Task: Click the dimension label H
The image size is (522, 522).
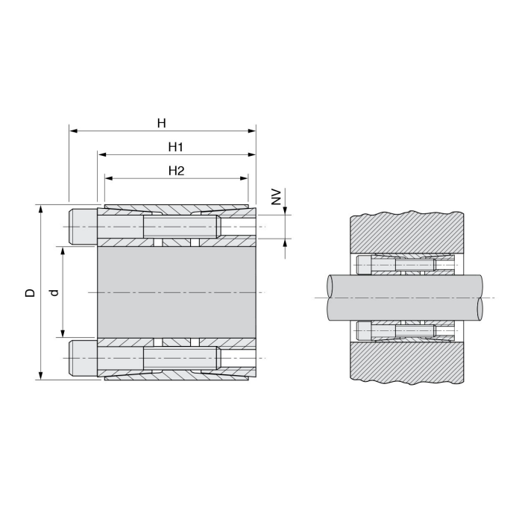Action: point(162,124)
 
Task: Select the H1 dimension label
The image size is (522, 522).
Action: point(176,147)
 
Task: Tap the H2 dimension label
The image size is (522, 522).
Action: point(176,171)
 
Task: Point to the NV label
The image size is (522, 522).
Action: point(277,197)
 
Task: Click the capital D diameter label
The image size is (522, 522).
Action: point(31,292)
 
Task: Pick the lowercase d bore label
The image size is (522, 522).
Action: point(54,292)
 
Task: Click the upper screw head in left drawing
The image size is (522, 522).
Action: point(83,227)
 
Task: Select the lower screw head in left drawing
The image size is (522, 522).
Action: point(83,358)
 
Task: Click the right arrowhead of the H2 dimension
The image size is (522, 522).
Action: point(244,178)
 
